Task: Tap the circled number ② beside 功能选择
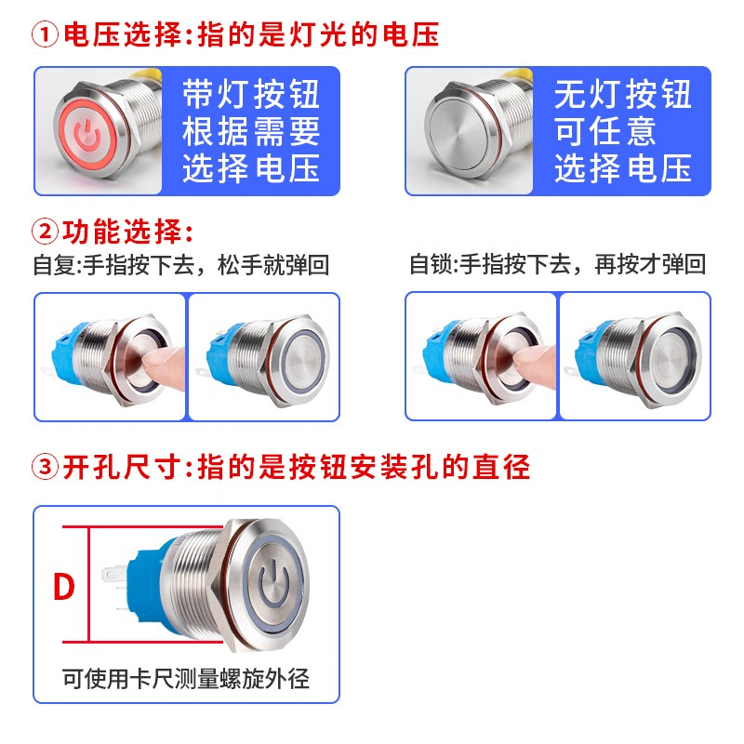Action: (46, 232)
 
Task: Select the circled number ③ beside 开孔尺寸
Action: (46, 467)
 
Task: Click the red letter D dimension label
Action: (63, 588)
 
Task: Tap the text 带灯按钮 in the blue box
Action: (251, 94)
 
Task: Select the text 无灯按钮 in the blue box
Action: (623, 94)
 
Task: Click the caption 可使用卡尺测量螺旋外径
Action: (186, 679)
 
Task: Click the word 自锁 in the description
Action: (430, 265)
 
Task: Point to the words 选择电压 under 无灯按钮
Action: (623, 168)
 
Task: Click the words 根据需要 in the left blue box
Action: (251, 131)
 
